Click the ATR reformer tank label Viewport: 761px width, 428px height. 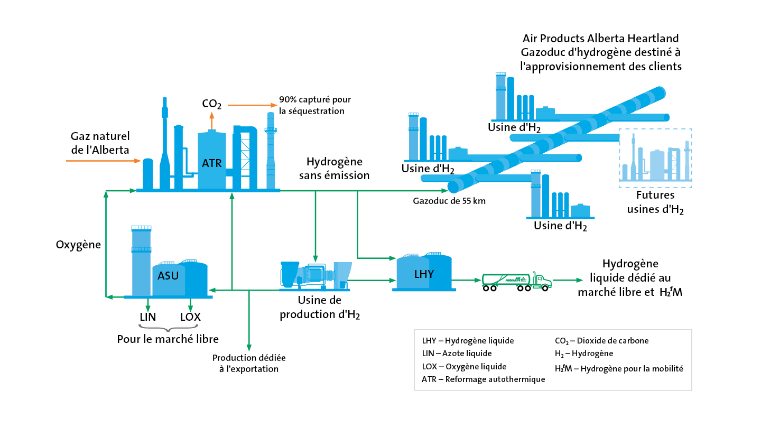pyautogui.click(x=211, y=163)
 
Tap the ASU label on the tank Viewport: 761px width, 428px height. pyautogui.click(x=168, y=275)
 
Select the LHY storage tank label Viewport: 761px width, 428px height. pyautogui.click(x=424, y=274)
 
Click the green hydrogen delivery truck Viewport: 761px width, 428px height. pyautogui.click(x=516, y=282)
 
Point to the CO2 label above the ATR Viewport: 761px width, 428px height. pyautogui.click(x=211, y=104)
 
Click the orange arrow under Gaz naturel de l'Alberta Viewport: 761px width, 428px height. pyautogui.click(x=103, y=161)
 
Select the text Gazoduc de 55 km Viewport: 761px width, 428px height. pyautogui.click(x=449, y=201)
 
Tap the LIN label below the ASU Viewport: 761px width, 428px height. pyautogui.click(x=148, y=317)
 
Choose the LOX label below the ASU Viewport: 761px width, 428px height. pyautogui.click(x=190, y=317)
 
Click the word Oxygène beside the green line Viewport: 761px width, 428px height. pyautogui.click(x=78, y=245)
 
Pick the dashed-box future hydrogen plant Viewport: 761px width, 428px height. pyautogui.click(x=655, y=158)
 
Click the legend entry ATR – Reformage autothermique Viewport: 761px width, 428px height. pyautogui.click(x=483, y=379)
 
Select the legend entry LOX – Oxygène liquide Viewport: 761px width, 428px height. pyautogui.click(x=464, y=367)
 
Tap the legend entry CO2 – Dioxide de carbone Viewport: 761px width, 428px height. pyautogui.click(x=601, y=341)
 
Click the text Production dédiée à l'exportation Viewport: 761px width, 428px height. pyautogui.click(x=249, y=364)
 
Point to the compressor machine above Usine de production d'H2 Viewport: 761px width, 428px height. pyautogui.click(x=315, y=276)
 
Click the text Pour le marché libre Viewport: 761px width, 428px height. pyautogui.click(x=168, y=339)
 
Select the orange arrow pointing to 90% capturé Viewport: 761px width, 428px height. pyautogui.click(x=253, y=105)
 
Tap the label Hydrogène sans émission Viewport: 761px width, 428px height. pyautogui.click(x=335, y=169)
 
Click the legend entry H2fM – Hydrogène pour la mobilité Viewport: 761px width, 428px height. pyautogui.click(x=619, y=368)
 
